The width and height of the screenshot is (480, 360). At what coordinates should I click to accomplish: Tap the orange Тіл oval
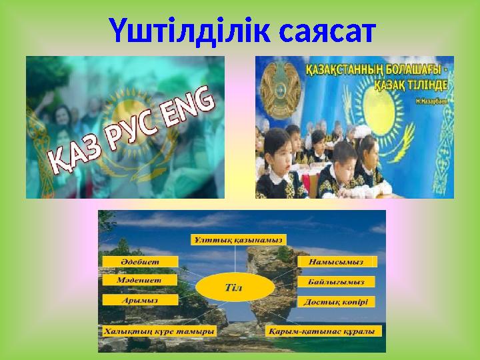click(x=238, y=287)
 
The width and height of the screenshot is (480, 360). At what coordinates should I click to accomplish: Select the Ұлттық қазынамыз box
click(x=238, y=239)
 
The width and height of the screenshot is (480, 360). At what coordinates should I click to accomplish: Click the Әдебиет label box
click(x=139, y=261)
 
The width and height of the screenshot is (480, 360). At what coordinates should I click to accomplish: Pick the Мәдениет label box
click(x=139, y=281)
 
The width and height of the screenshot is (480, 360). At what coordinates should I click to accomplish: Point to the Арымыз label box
click(x=139, y=300)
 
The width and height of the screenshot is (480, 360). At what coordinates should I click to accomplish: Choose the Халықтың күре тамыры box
click(x=159, y=331)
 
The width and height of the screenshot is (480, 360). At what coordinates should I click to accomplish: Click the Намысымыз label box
click(x=336, y=262)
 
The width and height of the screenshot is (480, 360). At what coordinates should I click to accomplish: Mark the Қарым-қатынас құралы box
click(x=323, y=331)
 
